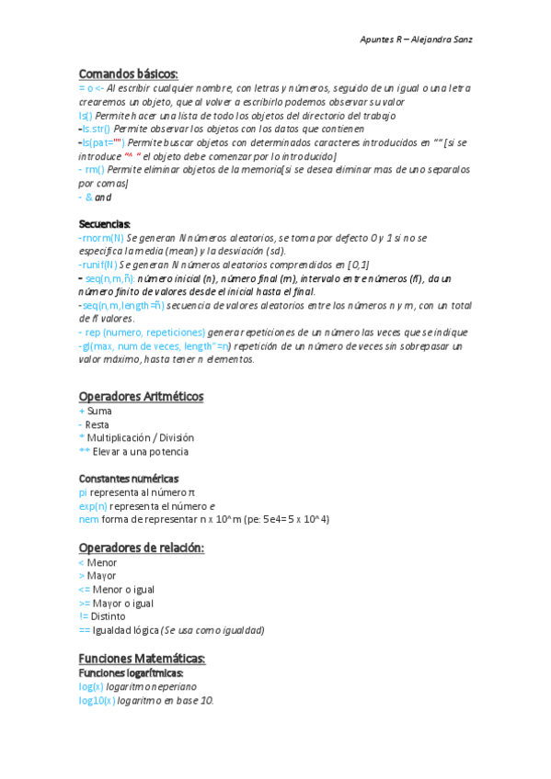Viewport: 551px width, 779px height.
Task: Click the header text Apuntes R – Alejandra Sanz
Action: [416, 40]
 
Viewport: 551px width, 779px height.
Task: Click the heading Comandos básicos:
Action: [128, 73]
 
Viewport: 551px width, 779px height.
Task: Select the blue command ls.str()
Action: [96, 129]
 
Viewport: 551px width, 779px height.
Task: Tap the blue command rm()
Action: [94, 170]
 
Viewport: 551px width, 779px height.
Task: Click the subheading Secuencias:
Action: [105, 224]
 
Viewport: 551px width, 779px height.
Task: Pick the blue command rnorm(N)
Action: [102, 238]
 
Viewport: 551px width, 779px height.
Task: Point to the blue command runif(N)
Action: [99, 265]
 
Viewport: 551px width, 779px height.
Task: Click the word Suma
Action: [99, 411]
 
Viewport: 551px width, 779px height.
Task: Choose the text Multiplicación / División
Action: [141, 438]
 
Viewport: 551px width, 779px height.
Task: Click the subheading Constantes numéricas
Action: [129, 479]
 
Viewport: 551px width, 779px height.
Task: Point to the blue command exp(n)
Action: [93, 506]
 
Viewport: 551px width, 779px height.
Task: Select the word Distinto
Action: [109, 616]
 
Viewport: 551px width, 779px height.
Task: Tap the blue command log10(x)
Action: [98, 700]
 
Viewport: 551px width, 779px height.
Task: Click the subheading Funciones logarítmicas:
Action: [132, 672]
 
